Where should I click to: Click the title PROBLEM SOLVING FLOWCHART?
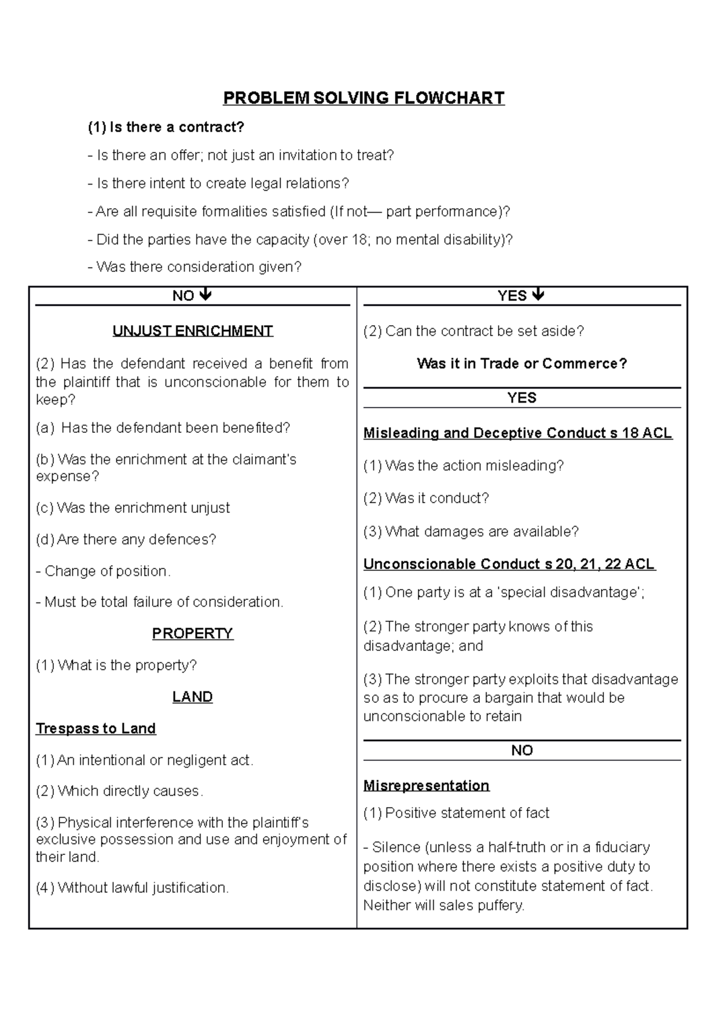tap(363, 98)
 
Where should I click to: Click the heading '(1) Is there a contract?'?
tap(166, 127)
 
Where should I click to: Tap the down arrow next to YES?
tap(538, 295)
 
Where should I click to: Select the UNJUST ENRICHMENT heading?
tap(193, 331)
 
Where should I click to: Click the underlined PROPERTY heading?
tap(193, 633)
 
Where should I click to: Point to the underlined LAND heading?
tap(193, 697)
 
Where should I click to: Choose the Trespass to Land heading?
tap(96, 728)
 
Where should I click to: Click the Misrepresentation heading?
tap(427, 786)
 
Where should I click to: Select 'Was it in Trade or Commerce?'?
tap(522, 364)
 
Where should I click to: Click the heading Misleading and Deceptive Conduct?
tap(517, 433)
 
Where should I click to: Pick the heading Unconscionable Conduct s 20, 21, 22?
tap(509, 564)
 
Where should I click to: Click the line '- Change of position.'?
tap(104, 571)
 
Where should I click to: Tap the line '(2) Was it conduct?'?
tap(426, 498)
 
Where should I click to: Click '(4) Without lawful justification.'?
tap(132, 888)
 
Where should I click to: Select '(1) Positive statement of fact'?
tap(456, 813)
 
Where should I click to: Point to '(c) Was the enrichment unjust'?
tap(133, 508)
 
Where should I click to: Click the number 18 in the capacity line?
tap(358, 240)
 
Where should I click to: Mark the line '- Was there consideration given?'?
tap(194, 267)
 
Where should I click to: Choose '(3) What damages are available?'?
tap(471, 532)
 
